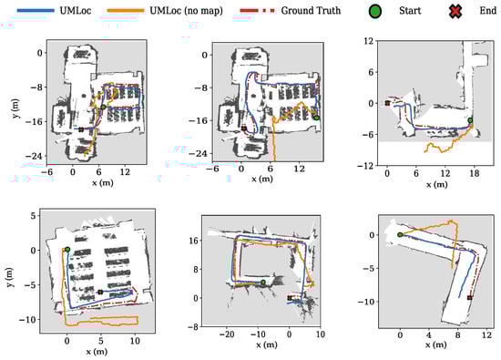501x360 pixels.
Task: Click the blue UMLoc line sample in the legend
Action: [x=36, y=11]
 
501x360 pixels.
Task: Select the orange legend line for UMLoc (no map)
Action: [x=126, y=11]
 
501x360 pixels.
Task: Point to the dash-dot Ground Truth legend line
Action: [x=258, y=11]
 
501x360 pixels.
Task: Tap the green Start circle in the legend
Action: [x=375, y=12]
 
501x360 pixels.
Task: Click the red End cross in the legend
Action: [x=455, y=12]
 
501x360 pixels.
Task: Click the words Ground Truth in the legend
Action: [x=311, y=11]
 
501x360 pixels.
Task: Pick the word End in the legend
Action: [x=488, y=11]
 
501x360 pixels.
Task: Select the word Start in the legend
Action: [x=410, y=11]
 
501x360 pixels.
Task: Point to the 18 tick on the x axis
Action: [x=475, y=173]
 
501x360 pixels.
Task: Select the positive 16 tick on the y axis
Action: [x=193, y=241]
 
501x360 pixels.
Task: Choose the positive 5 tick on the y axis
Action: [x=33, y=216]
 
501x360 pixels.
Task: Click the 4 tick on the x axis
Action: [x=428, y=334]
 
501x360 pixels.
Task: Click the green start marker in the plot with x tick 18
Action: [x=470, y=120]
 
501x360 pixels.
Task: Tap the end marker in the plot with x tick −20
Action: [x=290, y=298]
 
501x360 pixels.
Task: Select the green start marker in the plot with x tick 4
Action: [x=400, y=234]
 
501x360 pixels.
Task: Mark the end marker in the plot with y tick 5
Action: [x=100, y=292]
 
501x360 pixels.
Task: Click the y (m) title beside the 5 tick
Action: [x=11, y=277]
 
